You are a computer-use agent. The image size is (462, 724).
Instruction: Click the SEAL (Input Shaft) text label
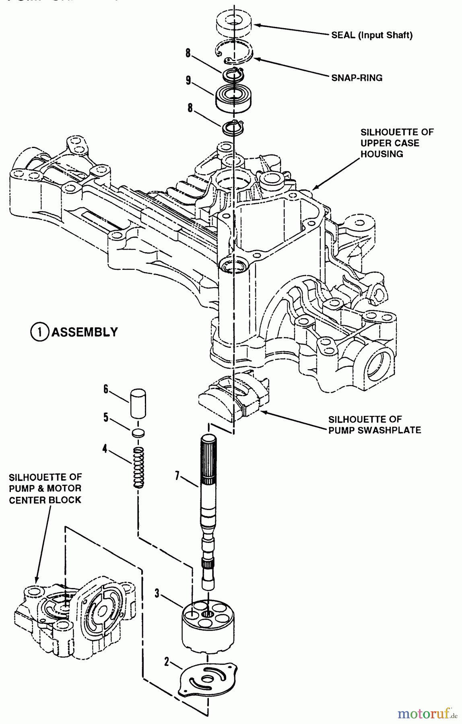[372, 35]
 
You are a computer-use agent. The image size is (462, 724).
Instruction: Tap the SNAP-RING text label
[357, 78]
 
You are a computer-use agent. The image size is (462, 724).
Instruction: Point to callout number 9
[188, 80]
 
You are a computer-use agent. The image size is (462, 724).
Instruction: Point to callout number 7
[177, 475]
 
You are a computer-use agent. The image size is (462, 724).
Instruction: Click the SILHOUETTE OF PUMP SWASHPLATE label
[375, 425]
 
